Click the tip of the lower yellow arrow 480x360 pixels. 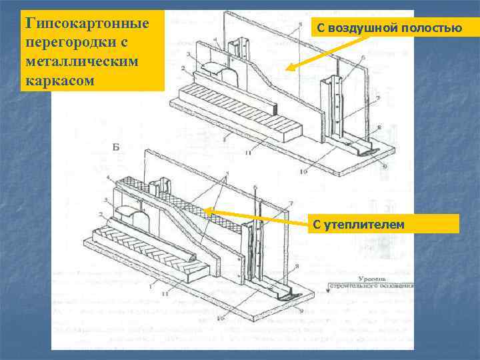pos(203,210)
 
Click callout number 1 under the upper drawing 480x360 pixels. pos(225,139)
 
